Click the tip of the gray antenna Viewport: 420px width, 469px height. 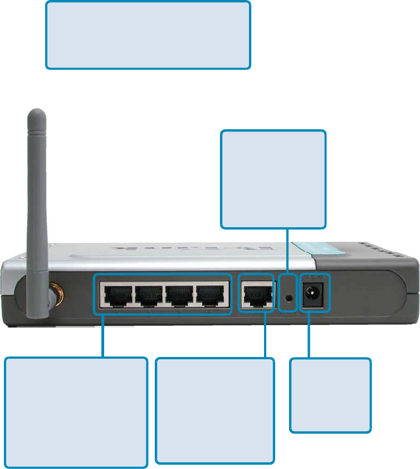(34, 115)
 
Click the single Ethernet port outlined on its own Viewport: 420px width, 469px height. (257, 294)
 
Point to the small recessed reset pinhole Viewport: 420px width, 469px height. (288, 295)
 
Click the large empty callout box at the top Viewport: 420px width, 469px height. (148, 35)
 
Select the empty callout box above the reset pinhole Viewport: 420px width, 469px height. (273, 179)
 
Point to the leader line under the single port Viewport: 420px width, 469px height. (265, 334)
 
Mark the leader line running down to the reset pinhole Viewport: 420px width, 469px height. (287, 251)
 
